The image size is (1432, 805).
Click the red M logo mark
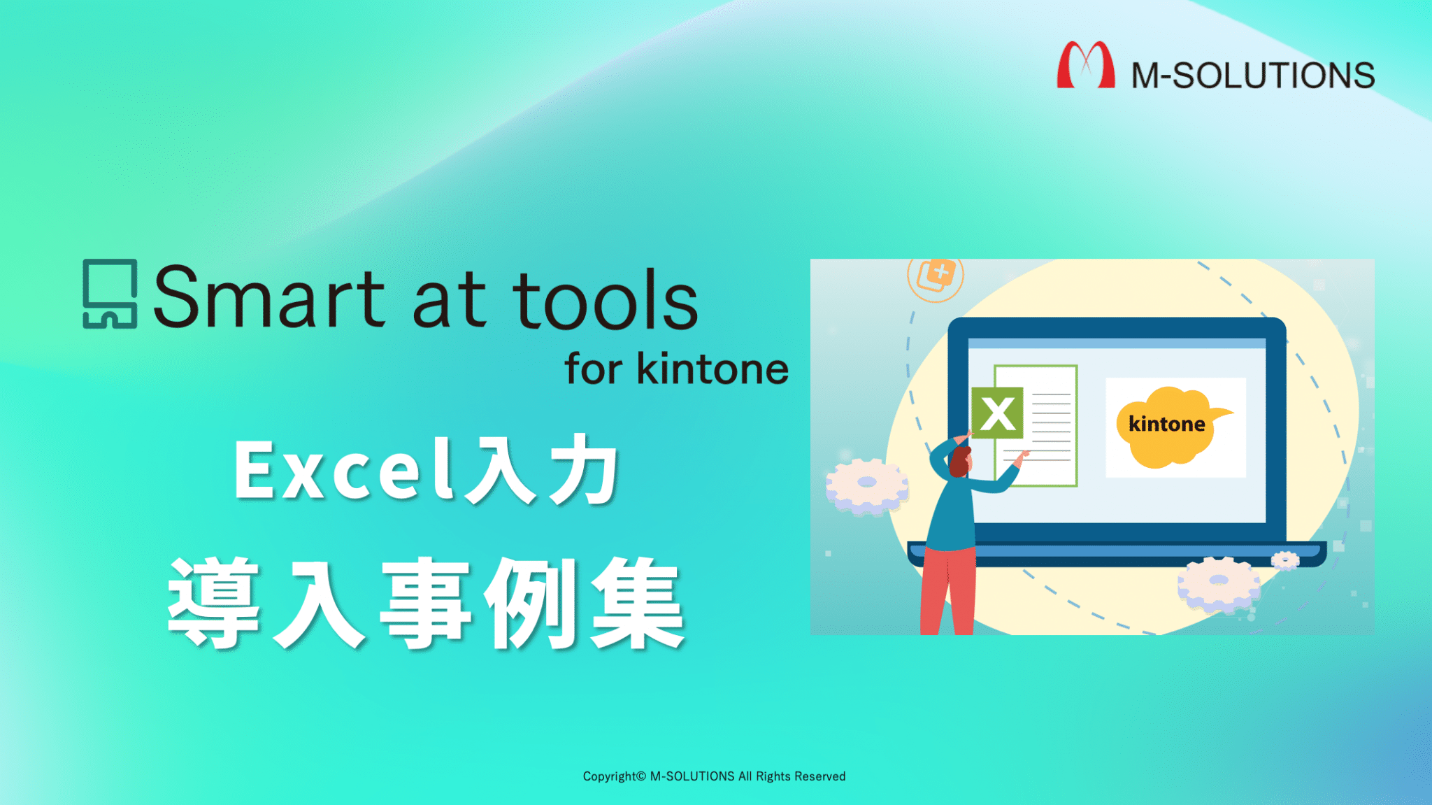coord(1085,65)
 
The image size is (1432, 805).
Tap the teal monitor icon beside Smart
coord(110,294)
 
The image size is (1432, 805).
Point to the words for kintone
coord(676,369)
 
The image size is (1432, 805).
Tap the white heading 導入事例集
coord(427,603)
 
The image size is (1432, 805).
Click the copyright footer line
coord(714,776)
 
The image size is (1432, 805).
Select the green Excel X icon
coord(997,413)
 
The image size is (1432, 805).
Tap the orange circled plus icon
coord(936,275)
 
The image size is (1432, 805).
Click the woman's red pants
coord(947,591)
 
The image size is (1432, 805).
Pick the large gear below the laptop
coord(1218,583)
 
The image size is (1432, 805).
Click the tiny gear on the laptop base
coord(1284,560)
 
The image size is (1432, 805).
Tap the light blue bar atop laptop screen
coord(1117,343)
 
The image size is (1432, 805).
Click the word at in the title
coord(449,299)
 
